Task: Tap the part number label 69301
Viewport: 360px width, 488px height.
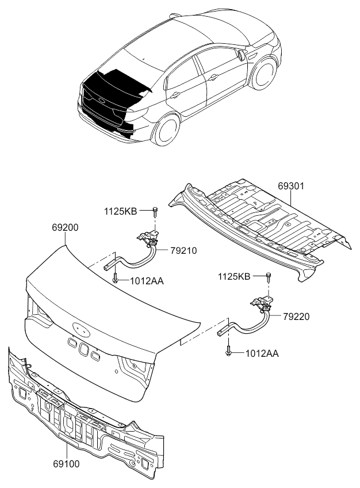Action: coord(291,187)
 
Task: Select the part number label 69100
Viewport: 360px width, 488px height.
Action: coord(66,463)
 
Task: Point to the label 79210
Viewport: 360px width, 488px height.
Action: coord(183,250)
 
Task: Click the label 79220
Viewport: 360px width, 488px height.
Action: coord(296,316)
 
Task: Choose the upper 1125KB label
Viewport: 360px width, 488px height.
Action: coord(120,212)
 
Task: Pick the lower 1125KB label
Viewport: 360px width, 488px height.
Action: coord(233,277)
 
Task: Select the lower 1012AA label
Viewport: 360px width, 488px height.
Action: coord(262,353)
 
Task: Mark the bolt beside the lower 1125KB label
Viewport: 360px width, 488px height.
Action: coord(268,277)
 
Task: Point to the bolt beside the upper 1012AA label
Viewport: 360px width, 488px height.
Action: coord(116,279)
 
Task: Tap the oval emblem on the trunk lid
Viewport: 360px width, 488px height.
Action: coord(81,329)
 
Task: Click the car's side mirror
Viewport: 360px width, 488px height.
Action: coord(238,54)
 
